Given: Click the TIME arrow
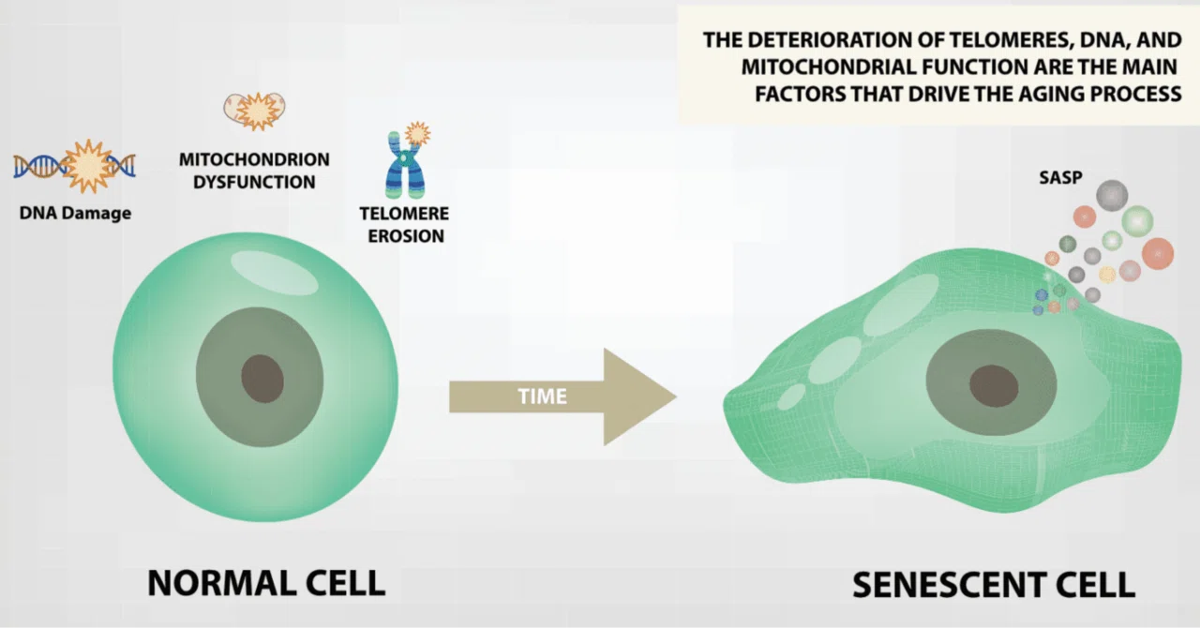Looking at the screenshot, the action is (x=562, y=397).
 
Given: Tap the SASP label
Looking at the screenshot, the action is (x=1060, y=177).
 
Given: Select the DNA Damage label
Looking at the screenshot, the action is (x=76, y=214).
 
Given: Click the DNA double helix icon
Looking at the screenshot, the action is (x=74, y=166).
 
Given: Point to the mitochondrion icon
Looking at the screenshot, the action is (x=254, y=111).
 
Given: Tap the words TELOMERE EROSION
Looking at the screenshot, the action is (x=404, y=225).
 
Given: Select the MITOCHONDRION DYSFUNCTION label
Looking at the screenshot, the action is (x=254, y=171).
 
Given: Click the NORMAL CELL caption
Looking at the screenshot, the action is (x=266, y=583).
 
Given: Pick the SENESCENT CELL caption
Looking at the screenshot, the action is (x=994, y=585).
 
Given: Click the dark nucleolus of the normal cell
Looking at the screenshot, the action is (x=262, y=379).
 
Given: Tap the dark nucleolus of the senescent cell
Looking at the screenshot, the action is (x=994, y=386).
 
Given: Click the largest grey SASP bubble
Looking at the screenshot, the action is (x=1112, y=195).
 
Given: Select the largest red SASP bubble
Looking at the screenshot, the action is (x=1158, y=253).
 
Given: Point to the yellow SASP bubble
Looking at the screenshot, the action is (x=1107, y=275).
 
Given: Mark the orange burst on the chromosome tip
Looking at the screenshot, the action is (x=417, y=133).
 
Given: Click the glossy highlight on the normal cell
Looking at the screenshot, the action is (x=275, y=273).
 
